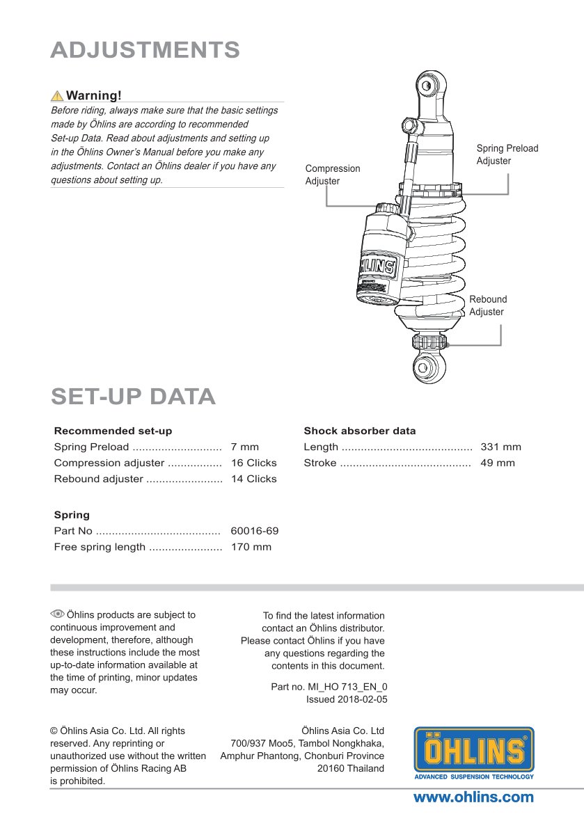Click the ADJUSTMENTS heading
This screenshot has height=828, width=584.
pos(145,50)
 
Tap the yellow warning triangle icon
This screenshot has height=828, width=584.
pos(57,95)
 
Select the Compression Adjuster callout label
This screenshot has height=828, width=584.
pos(333,175)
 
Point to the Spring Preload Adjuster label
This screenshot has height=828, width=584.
pos(507,154)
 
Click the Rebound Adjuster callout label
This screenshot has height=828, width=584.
pos(487,305)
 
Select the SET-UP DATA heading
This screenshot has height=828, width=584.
pos(133,396)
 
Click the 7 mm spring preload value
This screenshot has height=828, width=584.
pos(244,447)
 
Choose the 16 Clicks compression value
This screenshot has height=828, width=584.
pos(253,463)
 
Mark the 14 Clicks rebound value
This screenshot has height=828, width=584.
pos(253,479)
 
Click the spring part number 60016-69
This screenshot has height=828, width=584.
pos(254,531)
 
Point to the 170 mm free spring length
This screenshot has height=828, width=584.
pos(251,547)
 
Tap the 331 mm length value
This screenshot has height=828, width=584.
pos(500,447)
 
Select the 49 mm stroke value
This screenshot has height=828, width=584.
pos(498,463)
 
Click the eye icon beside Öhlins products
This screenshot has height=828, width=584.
pos(57,614)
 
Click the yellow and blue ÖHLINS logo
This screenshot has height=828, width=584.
pos(474,753)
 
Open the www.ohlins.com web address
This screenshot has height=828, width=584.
pos(473,797)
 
